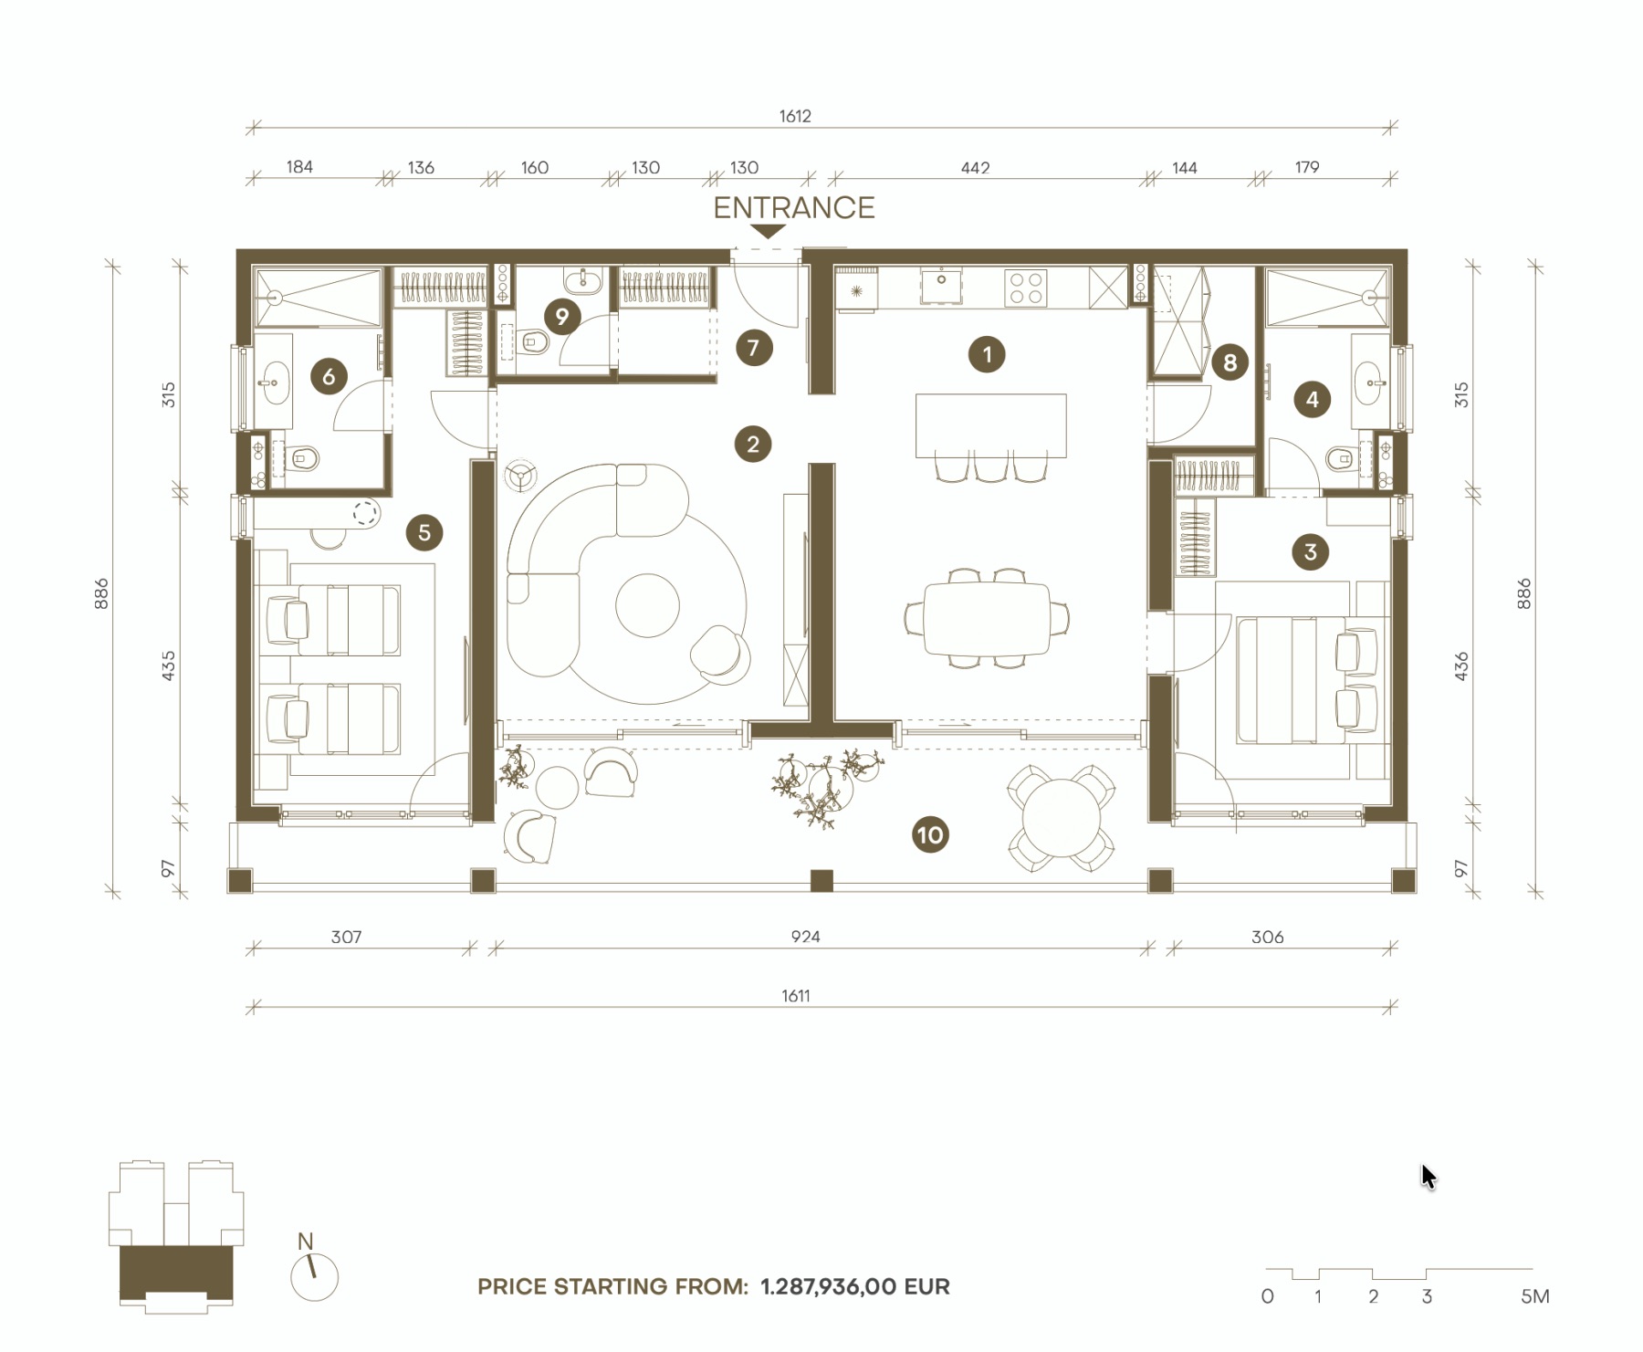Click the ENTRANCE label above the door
pyautogui.click(x=793, y=208)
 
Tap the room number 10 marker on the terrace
pyautogui.click(x=929, y=834)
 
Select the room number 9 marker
pyautogui.click(x=562, y=317)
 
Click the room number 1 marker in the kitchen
pyautogui.click(x=987, y=354)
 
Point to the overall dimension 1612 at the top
pyautogui.click(x=795, y=116)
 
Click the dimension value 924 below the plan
pyautogui.click(x=805, y=937)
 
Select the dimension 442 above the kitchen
pyautogui.click(x=975, y=168)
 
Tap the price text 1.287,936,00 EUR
pyautogui.click(x=855, y=1287)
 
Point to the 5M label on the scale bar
pyautogui.click(x=1535, y=1296)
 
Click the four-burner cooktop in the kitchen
pyautogui.click(x=1025, y=288)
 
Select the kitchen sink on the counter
pyautogui.click(x=941, y=285)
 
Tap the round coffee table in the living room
pyautogui.click(x=647, y=605)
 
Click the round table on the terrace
pyautogui.click(x=1061, y=817)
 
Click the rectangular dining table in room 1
pyautogui.click(x=987, y=619)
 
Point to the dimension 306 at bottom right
pyautogui.click(x=1267, y=937)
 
